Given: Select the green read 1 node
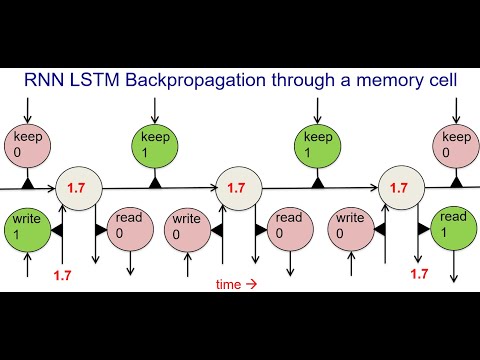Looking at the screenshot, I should point(453,228).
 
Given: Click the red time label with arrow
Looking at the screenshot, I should point(237,284).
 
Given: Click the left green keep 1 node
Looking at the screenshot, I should point(156,146).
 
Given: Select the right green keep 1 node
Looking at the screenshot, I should point(317,146).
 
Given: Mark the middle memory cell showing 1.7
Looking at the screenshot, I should point(237,187).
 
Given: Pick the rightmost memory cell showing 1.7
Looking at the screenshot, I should point(399,187).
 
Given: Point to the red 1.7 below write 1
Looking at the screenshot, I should point(63,273).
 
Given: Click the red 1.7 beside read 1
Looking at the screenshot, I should point(419,272).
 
